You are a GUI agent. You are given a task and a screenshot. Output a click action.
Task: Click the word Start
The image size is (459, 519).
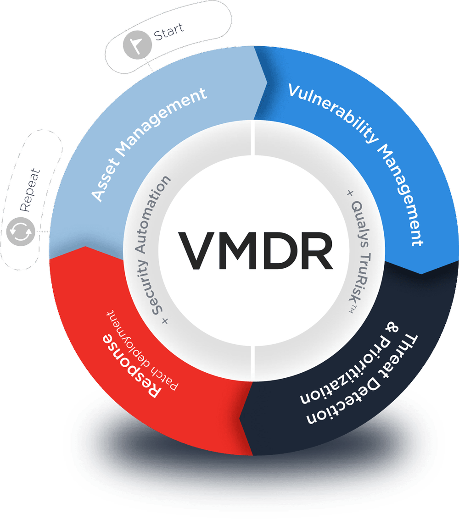(x=169, y=31)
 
